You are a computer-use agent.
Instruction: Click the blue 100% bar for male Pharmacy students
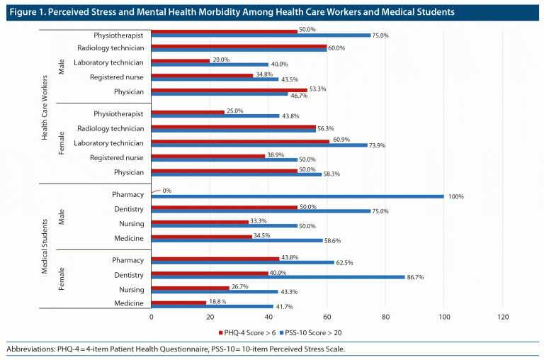click(297, 196)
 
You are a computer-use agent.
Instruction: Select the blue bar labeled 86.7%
click(278, 276)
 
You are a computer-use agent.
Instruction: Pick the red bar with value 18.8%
click(179, 301)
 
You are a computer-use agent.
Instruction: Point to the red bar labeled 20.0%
click(181, 61)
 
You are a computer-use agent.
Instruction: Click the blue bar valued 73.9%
click(259, 145)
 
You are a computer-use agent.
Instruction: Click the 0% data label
click(167, 191)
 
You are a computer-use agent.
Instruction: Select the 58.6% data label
click(333, 242)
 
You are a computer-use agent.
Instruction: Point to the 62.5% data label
click(344, 262)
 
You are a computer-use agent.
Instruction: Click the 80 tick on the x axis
click(385, 317)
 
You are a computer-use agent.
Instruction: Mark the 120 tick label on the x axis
click(503, 317)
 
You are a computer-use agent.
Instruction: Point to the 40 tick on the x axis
click(268, 317)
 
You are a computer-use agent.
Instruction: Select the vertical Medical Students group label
click(45, 246)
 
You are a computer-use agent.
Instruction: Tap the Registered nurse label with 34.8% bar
click(120, 77)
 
